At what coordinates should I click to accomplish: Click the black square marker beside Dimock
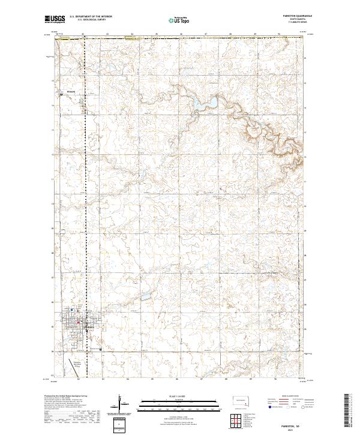coord(61,94)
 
